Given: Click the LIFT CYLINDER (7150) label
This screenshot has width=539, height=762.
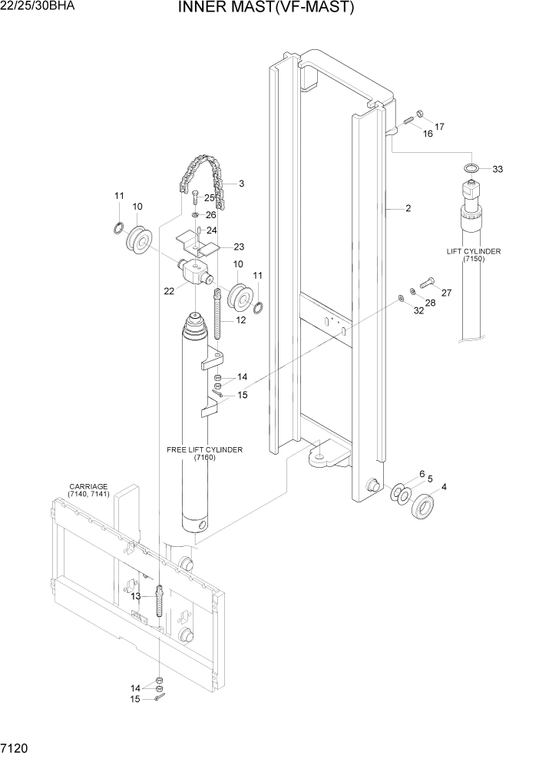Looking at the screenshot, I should click(474, 256).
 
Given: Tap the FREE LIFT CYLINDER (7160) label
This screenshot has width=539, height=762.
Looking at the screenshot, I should click(204, 453).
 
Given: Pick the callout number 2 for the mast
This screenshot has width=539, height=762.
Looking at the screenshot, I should click(408, 208).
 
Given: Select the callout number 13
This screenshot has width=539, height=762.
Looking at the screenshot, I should click(135, 596).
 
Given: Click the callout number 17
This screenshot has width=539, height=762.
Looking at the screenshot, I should click(439, 126).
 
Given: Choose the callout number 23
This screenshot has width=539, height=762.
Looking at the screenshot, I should click(239, 247).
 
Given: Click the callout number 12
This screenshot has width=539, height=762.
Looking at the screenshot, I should click(240, 320).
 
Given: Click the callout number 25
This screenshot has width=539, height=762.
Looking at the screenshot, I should click(209, 198).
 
